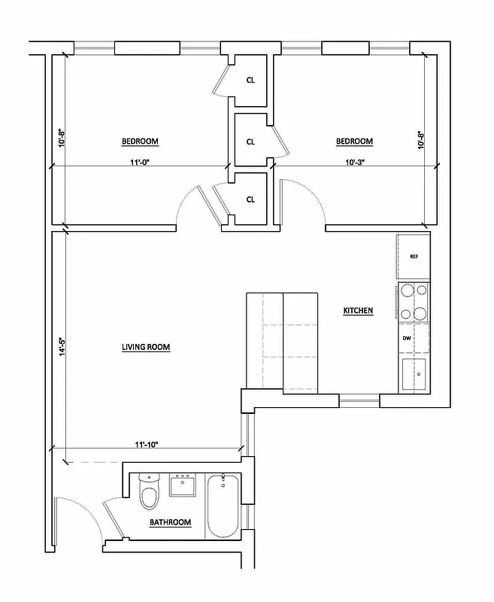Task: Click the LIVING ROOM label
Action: (x=146, y=347)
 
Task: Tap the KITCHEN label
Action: (x=358, y=311)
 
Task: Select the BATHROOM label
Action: (x=170, y=521)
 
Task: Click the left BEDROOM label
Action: (x=140, y=141)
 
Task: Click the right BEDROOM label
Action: (x=354, y=141)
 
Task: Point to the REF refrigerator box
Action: (x=414, y=257)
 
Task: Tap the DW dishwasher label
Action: (x=407, y=339)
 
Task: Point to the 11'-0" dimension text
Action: (x=140, y=160)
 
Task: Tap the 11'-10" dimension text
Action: (x=147, y=445)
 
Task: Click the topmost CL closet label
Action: (x=250, y=81)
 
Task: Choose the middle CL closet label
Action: (x=250, y=141)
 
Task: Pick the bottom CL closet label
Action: (x=250, y=199)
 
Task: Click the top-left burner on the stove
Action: (x=407, y=291)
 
